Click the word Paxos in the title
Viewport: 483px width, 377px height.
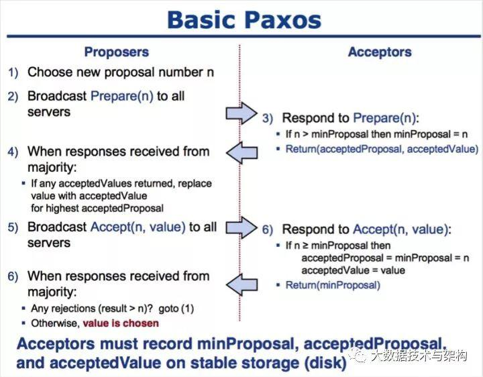(283, 19)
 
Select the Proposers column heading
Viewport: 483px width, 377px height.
(117, 52)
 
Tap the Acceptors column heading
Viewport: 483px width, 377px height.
(380, 52)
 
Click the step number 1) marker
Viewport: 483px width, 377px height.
(13, 72)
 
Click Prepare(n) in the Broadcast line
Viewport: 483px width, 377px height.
(122, 96)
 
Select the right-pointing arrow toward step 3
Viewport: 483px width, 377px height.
(241, 113)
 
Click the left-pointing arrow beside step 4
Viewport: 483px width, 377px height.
(241, 152)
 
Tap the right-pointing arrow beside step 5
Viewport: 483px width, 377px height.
(241, 227)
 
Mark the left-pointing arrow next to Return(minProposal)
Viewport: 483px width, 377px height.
(241, 284)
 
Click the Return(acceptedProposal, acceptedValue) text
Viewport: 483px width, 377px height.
(382, 149)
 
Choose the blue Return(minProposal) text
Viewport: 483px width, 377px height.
(333, 285)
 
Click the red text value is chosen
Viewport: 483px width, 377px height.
(121, 323)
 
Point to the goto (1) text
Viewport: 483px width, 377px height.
(176, 309)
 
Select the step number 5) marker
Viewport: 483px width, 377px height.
(13, 227)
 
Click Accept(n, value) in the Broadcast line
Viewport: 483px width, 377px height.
(138, 227)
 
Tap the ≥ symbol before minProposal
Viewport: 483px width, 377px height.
(305, 246)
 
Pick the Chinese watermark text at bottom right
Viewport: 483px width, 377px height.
(419, 356)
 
